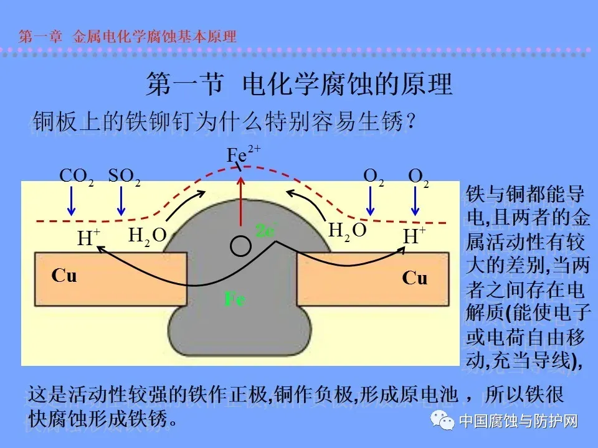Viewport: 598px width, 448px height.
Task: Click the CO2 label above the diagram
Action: pyautogui.click(x=77, y=176)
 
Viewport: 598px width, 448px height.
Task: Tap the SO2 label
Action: pyautogui.click(x=124, y=176)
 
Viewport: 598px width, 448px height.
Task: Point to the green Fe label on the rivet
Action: pyautogui.click(x=235, y=299)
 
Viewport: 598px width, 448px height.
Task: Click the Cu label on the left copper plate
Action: pyautogui.click(x=64, y=276)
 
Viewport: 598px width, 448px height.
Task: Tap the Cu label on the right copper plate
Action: pyautogui.click(x=415, y=278)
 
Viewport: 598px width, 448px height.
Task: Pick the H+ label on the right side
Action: pyautogui.click(x=414, y=236)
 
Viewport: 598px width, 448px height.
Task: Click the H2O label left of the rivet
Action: pyautogui.click(x=148, y=235)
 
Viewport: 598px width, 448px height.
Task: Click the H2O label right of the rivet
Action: pyautogui.click(x=347, y=231)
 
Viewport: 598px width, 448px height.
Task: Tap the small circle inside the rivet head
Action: pyautogui.click(x=238, y=246)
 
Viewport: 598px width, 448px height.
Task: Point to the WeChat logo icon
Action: pyautogui.click(x=445, y=421)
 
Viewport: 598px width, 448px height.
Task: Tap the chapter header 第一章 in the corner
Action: pyautogui.click(x=40, y=36)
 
